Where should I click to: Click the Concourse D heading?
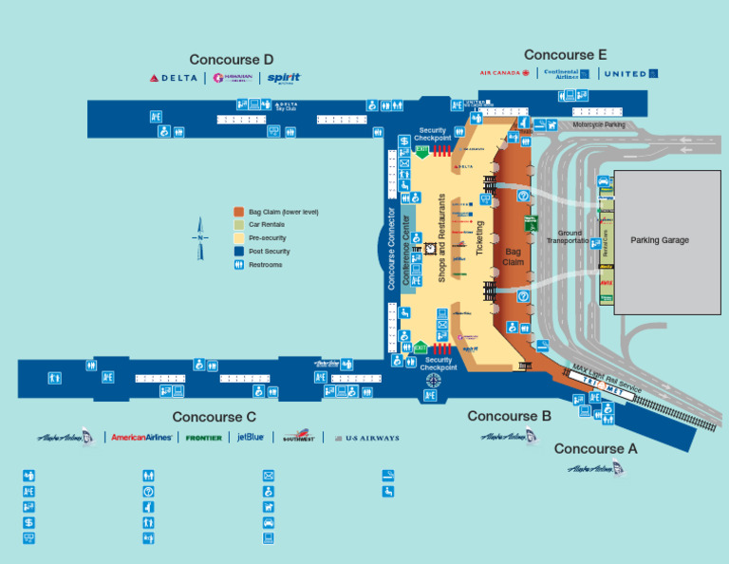click(232, 60)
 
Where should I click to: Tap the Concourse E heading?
click(565, 55)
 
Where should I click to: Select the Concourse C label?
click(215, 417)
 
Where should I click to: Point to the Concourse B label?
click(509, 416)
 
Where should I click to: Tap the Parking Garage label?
click(660, 240)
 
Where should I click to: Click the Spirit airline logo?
click(284, 78)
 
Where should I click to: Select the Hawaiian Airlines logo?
click(233, 78)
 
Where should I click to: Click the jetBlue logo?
click(252, 438)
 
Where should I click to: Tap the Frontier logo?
click(204, 438)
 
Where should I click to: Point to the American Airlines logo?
click(141, 438)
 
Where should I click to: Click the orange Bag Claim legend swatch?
click(239, 212)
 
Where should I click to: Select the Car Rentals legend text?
click(267, 225)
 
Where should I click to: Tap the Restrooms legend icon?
click(239, 265)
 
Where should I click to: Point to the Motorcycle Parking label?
click(599, 124)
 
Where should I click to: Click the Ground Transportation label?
click(569, 236)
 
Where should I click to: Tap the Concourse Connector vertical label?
click(391, 249)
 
